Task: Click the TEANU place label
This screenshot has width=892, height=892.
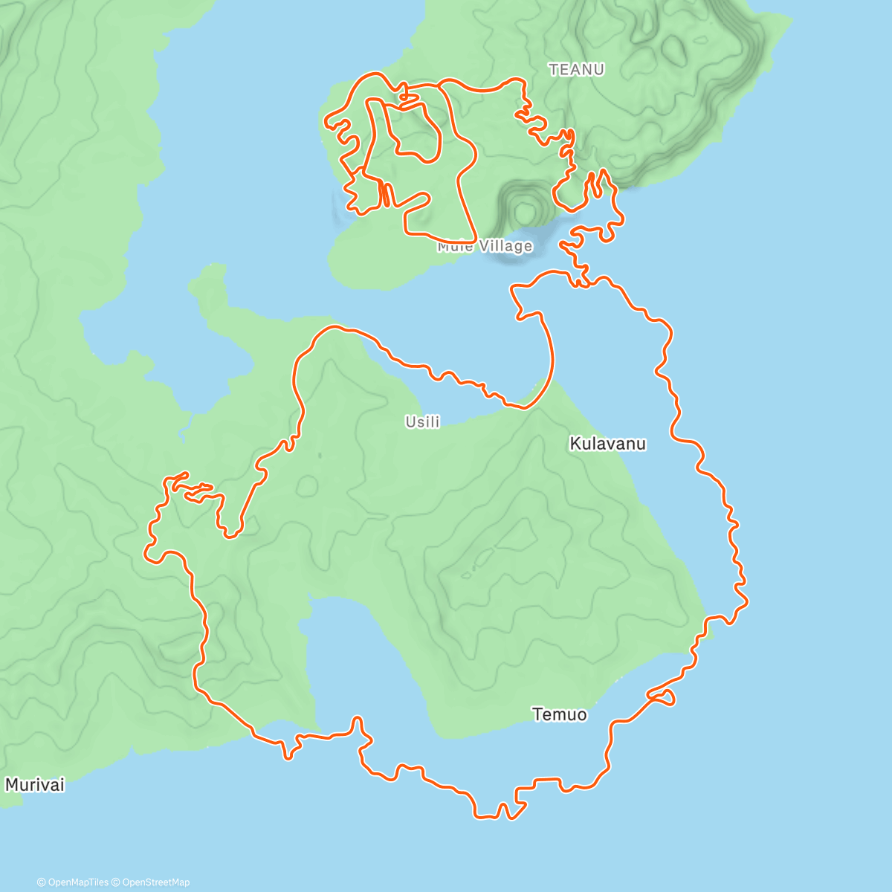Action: [576, 70]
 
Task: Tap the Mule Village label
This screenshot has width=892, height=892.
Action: [485, 246]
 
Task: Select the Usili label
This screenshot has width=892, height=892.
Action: [422, 421]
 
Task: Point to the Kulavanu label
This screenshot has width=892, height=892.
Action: [607, 444]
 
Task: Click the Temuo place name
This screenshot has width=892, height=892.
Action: [559, 714]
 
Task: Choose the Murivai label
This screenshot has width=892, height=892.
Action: [35, 784]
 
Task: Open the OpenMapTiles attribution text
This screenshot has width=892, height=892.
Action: [78, 882]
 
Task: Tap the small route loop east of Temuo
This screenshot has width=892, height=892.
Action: [664, 697]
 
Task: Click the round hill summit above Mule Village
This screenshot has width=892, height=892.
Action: [526, 210]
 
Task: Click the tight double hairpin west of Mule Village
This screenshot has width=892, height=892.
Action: [384, 195]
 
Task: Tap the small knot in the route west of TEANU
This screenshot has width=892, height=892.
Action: [405, 97]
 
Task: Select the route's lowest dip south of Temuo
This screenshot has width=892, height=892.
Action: [487, 816]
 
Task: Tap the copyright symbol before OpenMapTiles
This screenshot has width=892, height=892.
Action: [42, 882]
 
